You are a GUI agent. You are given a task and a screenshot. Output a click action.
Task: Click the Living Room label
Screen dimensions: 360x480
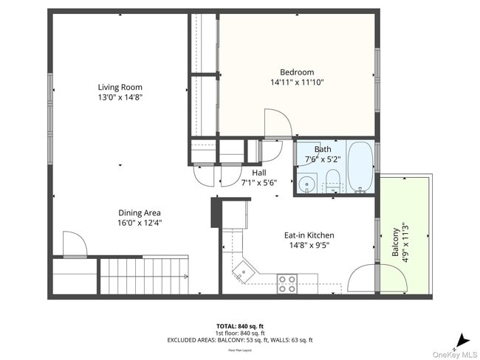(120, 87)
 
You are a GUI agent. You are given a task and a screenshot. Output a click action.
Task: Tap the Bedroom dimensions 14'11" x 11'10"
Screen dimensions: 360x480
(297, 83)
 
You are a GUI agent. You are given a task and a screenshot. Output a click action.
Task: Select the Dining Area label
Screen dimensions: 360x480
(139, 212)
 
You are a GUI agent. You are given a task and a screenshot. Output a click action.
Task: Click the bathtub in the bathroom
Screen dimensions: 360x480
(360, 167)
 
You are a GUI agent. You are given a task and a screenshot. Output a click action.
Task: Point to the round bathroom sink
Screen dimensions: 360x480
(307, 183)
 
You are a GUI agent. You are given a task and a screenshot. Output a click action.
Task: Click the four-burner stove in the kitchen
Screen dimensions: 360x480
(287, 283)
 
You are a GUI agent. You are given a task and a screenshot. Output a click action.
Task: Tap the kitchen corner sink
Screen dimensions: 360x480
(241, 274)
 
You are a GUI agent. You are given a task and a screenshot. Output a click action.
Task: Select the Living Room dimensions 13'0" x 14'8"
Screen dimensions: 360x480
(120, 97)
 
